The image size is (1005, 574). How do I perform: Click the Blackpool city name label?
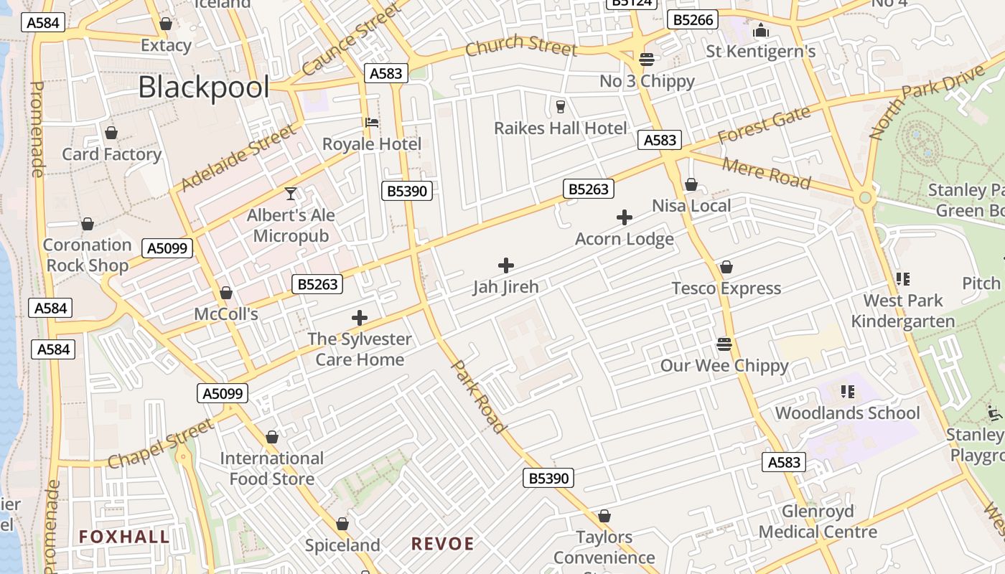click(x=203, y=88)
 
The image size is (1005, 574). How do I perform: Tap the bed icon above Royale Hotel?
click(x=372, y=122)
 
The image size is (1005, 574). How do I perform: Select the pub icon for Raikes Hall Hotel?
click(x=561, y=107)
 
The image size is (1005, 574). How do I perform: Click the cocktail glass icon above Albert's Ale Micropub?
click(x=291, y=193)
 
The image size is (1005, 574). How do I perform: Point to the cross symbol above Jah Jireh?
click(x=506, y=265)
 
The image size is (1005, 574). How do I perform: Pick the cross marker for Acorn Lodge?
click(x=625, y=217)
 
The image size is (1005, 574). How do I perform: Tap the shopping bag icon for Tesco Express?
click(x=726, y=267)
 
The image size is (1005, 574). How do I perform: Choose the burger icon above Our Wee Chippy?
click(x=724, y=344)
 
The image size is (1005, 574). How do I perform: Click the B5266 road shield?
click(x=693, y=20)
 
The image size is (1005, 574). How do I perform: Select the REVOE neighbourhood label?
click(x=443, y=544)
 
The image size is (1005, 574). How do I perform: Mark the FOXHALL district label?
click(x=124, y=537)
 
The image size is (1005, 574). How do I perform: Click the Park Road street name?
click(x=478, y=397)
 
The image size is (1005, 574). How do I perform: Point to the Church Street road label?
click(x=520, y=46)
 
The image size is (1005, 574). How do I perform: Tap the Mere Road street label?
click(x=766, y=173)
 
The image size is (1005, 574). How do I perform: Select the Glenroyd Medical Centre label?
click(x=818, y=522)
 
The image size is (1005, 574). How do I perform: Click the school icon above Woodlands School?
click(x=848, y=392)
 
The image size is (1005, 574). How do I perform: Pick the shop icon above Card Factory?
click(x=111, y=133)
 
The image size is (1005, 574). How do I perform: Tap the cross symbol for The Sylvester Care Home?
click(x=360, y=318)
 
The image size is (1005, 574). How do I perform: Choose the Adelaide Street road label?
click(x=238, y=159)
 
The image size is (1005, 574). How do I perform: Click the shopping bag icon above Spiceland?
click(x=342, y=524)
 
